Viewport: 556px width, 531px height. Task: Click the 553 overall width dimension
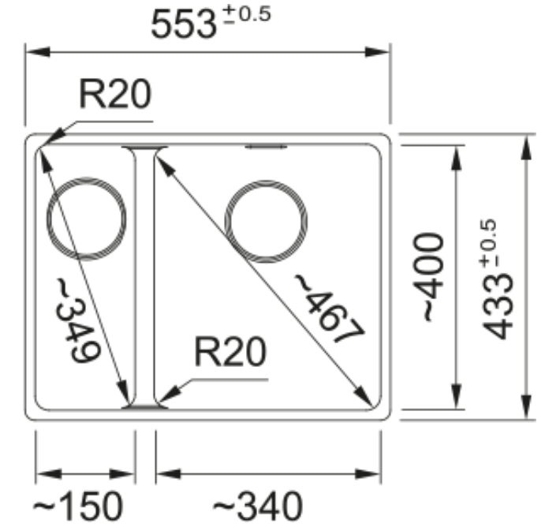(183, 24)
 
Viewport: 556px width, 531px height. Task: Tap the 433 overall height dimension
(498, 308)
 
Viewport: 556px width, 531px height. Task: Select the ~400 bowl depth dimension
(428, 277)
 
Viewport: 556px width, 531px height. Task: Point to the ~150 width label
(78, 507)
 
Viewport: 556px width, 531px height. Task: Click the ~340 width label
(258, 507)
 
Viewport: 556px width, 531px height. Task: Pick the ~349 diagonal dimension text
(78, 321)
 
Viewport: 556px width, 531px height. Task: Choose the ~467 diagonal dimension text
(329, 309)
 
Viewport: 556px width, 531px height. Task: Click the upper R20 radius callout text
(115, 94)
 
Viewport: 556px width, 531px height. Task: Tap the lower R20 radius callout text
(230, 352)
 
